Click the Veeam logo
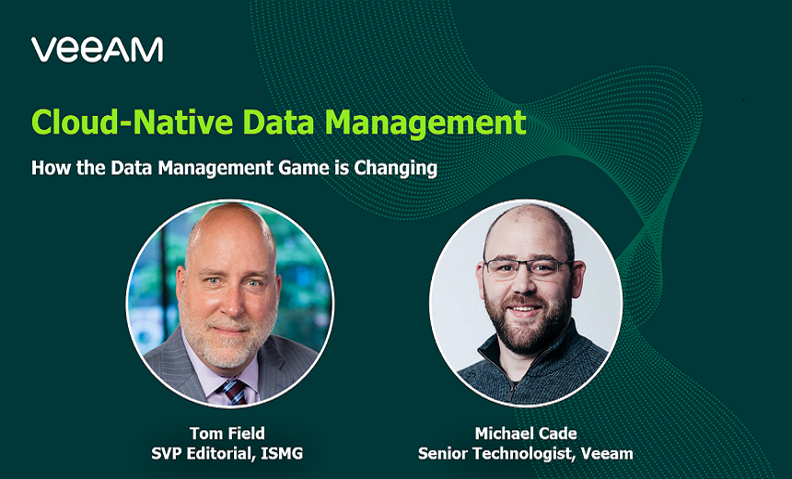tap(97, 50)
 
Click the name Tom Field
tap(227, 433)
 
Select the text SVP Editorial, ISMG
tap(227, 453)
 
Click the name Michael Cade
tap(526, 433)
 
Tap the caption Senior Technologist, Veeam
tap(526, 454)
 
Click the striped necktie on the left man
tap(233, 391)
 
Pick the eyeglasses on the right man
tap(529, 268)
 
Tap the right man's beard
tap(525, 326)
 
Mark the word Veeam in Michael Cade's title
tap(607, 453)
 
